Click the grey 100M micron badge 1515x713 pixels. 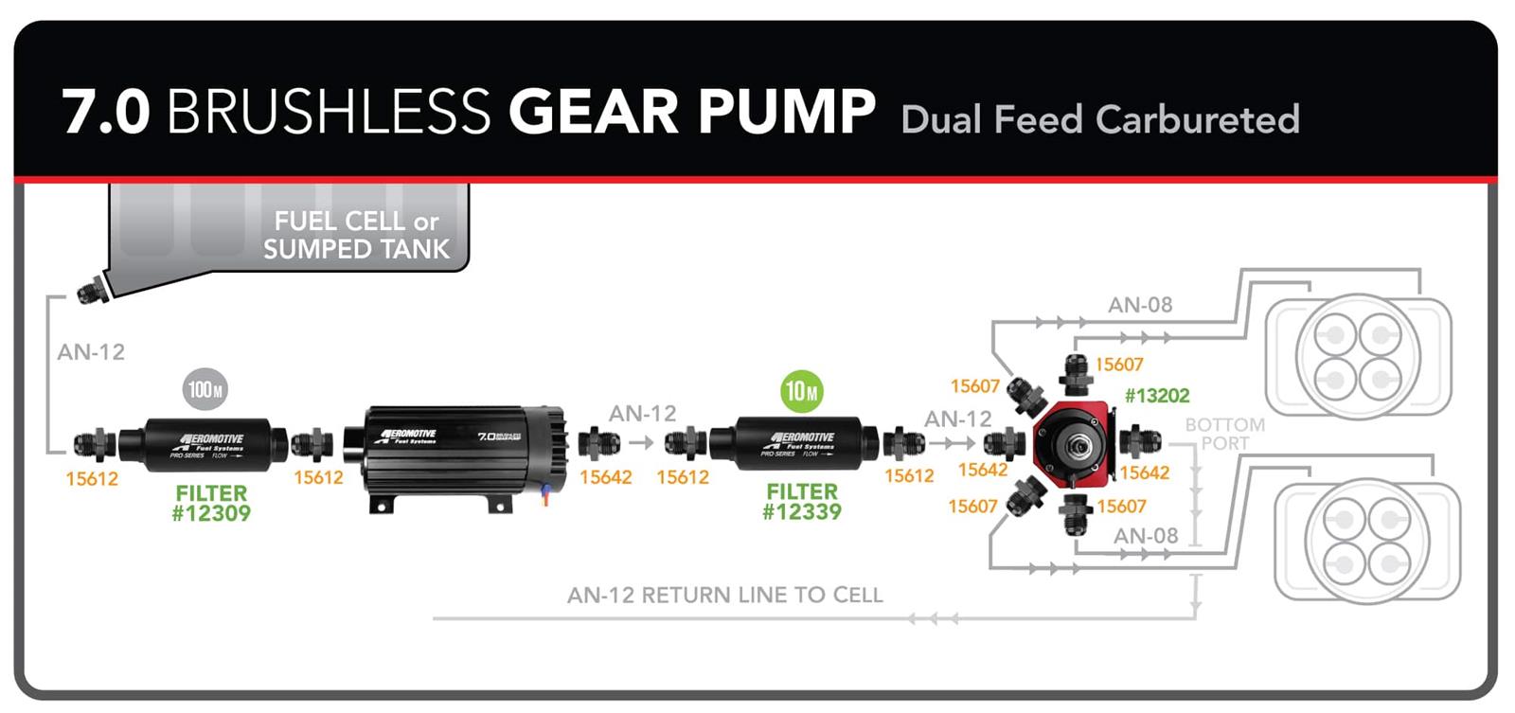pos(205,389)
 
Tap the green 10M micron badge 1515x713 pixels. pos(801,391)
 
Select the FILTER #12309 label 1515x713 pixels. pos(211,504)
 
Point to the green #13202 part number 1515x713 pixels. pos(1156,396)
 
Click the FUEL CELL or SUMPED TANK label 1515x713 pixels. pos(356,235)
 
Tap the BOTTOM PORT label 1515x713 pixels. pos(1224,434)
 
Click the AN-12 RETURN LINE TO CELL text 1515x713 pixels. pos(724,595)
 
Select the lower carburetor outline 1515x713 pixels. pos(1366,541)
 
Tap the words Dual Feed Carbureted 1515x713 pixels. pos(1100,120)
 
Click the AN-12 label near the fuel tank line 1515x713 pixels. pos(91,352)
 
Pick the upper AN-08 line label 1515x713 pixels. pos(1140,305)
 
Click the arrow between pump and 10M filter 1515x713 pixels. pos(641,442)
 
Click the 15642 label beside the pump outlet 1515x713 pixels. pos(605,477)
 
